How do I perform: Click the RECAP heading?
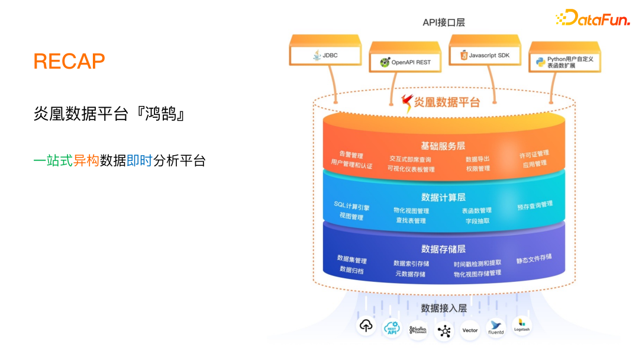tap(69, 61)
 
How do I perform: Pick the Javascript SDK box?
tap(485, 56)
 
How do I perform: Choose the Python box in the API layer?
tap(564, 62)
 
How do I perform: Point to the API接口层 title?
tap(443, 22)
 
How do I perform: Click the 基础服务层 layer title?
tap(443, 146)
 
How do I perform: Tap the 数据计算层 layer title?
tap(443, 197)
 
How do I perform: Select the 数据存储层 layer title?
tap(443, 249)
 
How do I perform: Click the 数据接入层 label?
tap(444, 308)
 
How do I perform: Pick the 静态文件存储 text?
tap(534, 259)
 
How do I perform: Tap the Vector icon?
tap(470, 330)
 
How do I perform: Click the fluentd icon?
tap(496, 327)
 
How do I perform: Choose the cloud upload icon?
tap(366, 326)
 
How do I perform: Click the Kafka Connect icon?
tap(418, 329)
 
